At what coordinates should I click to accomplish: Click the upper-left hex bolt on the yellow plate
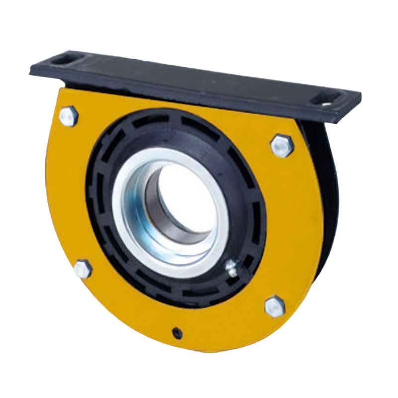(x=69, y=116)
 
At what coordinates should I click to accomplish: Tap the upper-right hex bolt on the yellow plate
(x=282, y=146)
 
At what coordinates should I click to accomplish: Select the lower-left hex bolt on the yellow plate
(x=83, y=269)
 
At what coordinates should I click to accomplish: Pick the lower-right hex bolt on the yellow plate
(x=274, y=305)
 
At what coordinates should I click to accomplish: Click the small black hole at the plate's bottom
(x=176, y=331)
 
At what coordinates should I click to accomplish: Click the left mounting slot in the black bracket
(x=62, y=60)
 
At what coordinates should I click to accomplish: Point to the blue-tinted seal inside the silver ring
(x=144, y=219)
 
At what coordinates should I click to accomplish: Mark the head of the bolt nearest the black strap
(x=282, y=146)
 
